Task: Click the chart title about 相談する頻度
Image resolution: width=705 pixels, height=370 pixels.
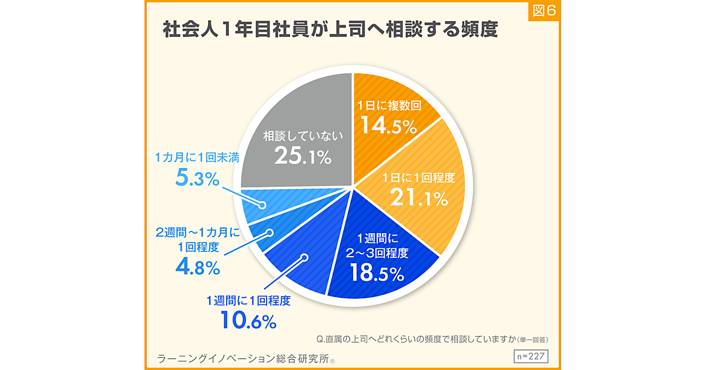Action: tap(330, 31)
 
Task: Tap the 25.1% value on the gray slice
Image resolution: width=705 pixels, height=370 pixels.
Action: tap(303, 156)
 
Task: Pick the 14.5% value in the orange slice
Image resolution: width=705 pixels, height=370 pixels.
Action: tap(388, 126)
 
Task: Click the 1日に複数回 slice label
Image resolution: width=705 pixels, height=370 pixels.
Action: tap(390, 107)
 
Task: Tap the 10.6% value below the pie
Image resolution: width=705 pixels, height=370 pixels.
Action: tap(248, 321)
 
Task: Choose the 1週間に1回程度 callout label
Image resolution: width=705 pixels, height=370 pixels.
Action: tap(249, 301)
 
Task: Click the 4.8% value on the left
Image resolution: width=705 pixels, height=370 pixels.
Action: tap(197, 267)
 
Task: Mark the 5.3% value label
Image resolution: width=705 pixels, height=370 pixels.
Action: tap(197, 178)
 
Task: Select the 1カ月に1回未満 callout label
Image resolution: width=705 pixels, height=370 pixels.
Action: tap(197, 157)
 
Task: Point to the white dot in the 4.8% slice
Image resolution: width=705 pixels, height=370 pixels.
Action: tap(270, 232)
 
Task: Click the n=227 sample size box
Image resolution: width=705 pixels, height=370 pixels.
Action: tap(531, 356)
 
